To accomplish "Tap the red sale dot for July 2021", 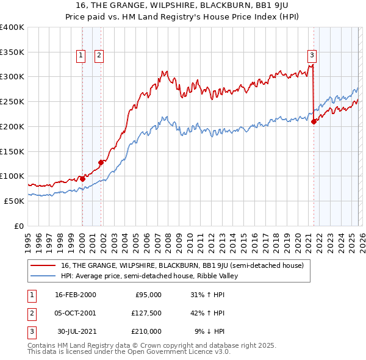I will [x=314, y=121].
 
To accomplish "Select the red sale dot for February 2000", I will [x=82, y=179].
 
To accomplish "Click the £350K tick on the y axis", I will [x=12, y=52].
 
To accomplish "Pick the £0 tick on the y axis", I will [x=19, y=226].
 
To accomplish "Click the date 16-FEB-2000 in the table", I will [x=76, y=295].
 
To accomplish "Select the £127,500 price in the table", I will [x=146, y=313].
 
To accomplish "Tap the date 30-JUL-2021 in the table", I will [x=76, y=331].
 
